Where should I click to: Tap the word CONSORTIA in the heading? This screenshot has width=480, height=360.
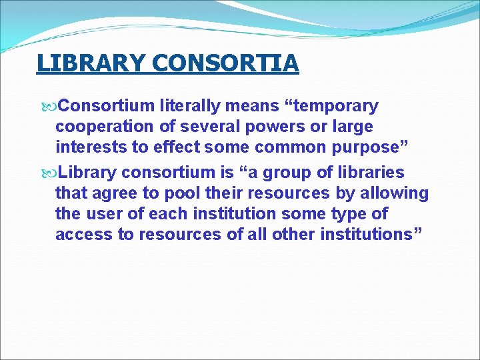coord(225,63)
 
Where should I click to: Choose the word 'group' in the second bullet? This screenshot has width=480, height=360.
coord(283,173)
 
